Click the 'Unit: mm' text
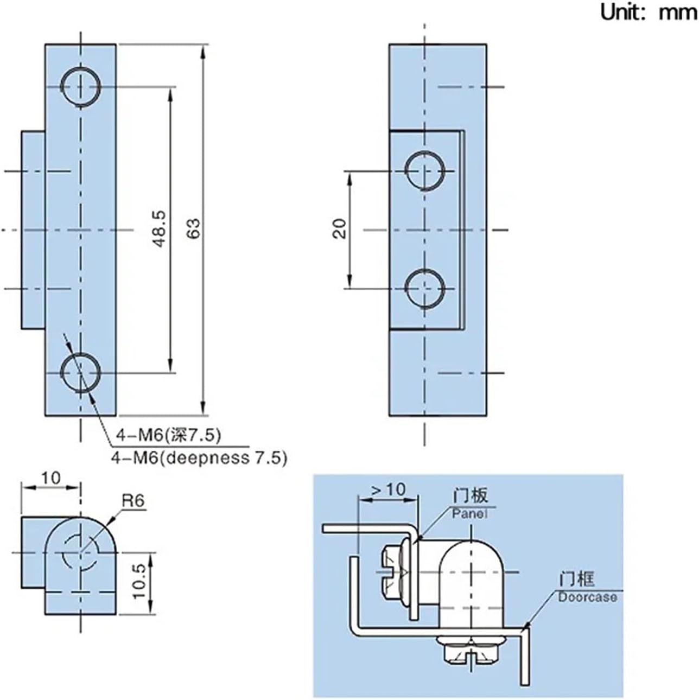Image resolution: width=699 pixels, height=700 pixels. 648,12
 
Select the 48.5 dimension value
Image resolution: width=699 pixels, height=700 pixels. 158,230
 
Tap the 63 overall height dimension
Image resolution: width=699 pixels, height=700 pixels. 194,228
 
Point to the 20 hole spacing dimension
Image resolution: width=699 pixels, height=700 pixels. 340,228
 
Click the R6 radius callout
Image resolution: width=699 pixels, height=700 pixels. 133,500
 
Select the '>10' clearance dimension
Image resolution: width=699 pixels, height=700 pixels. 388,489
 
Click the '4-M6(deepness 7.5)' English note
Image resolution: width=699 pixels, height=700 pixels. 199,457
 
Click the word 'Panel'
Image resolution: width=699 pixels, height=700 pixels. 469,513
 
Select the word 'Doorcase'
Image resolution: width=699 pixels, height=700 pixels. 588,597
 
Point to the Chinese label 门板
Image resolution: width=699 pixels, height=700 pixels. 471,495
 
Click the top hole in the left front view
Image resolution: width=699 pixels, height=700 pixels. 81,87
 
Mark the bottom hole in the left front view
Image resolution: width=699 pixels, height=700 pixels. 81,373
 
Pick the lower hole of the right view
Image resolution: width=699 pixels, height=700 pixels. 425,289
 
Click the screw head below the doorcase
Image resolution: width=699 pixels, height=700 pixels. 470,650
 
